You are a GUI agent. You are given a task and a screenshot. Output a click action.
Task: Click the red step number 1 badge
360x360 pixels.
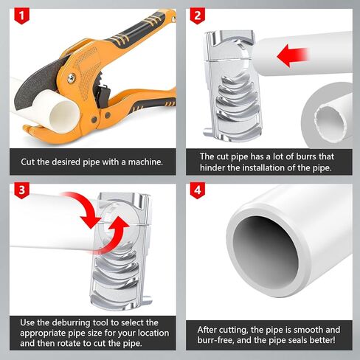(x=21, y=15)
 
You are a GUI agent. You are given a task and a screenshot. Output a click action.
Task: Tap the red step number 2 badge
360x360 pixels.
(x=198, y=15)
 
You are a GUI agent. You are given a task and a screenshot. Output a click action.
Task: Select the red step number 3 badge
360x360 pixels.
(x=21, y=190)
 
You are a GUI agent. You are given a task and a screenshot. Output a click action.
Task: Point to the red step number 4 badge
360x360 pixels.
(x=198, y=190)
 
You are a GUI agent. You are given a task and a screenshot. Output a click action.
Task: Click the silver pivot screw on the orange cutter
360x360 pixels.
(x=71, y=78)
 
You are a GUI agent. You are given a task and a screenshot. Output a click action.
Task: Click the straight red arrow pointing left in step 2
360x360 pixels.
(x=293, y=56)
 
